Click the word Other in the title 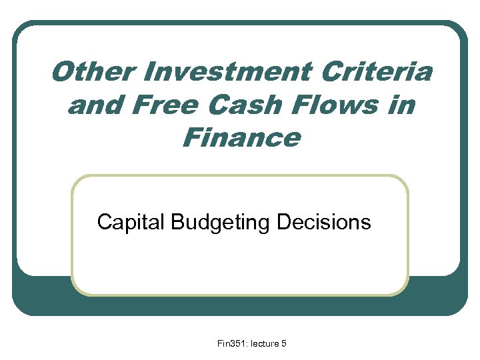(x=87, y=72)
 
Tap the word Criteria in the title (x=376, y=72)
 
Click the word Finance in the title (x=241, y=139)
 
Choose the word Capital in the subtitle (x=131, y=222)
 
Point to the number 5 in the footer (x=284, y=343)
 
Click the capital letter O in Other (x=61, y=72)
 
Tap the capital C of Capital (x=103, y=222)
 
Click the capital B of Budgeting (x=177, y=222)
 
